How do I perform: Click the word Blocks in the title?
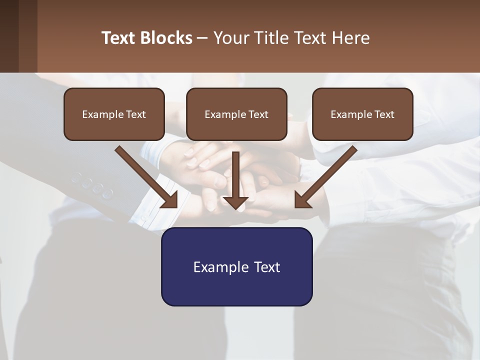point(166,38)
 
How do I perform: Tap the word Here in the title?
point(349,38)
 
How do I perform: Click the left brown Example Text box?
point(114,114)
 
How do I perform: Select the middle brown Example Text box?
point(236,114)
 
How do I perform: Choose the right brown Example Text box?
point(362,114)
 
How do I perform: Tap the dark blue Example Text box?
point(236,266)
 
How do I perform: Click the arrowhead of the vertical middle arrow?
point(235,202)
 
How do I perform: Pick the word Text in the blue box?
point(267,267)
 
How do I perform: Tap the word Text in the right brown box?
point(384,114)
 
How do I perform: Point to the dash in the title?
point(202,38)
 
